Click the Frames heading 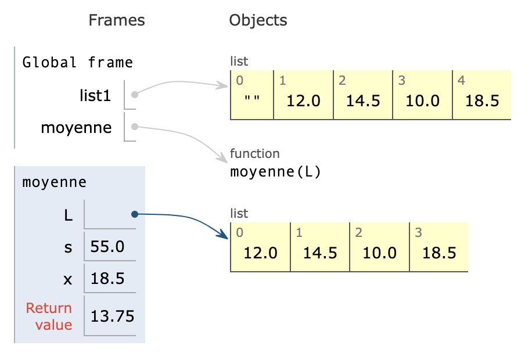116,21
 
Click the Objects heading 258,21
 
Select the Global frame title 77,62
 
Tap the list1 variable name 95,95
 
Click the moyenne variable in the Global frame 76,127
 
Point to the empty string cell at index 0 251,100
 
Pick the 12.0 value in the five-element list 304,100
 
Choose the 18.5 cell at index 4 482,100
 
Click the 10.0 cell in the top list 422,100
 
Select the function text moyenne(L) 275,172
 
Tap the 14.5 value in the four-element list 320,253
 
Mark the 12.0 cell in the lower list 260,253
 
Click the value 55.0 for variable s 107,247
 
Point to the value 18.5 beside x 107,278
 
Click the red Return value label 49,316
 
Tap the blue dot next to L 134,214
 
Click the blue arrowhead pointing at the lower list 224,235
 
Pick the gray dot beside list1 134,94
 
